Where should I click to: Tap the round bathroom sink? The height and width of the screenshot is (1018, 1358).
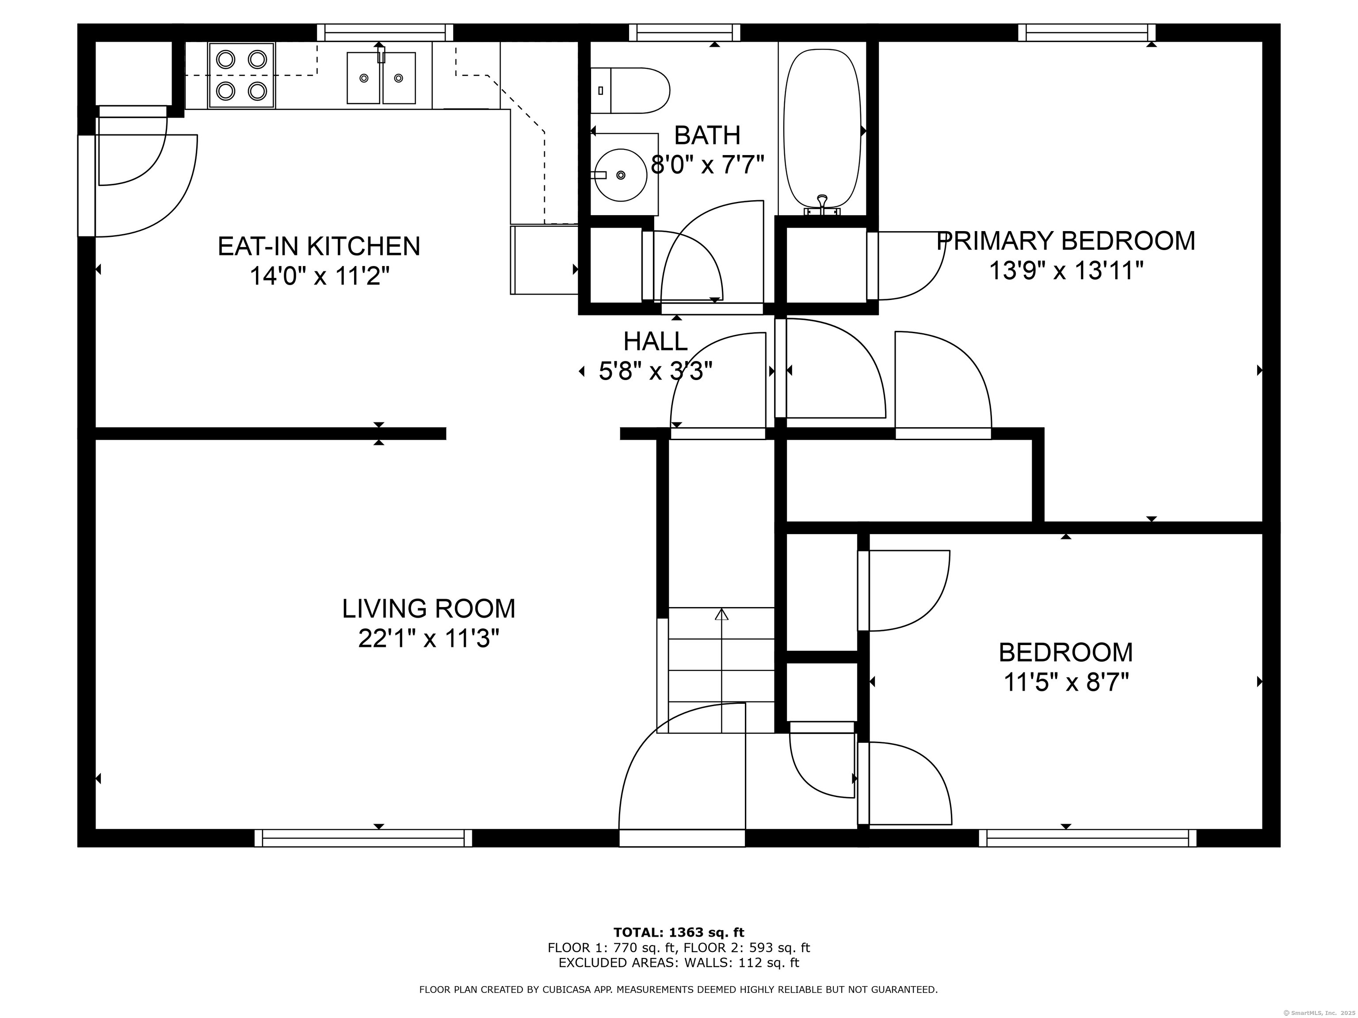point(621,175)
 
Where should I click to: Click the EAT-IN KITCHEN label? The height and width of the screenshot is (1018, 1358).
point(319,246)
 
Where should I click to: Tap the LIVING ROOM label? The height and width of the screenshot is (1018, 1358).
point(428,609)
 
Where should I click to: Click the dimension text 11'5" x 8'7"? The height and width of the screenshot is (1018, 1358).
point(1066,682)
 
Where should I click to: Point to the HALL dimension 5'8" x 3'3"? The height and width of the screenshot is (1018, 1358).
point(656,371)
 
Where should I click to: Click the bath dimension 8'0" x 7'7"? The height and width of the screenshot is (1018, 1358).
point(707,164)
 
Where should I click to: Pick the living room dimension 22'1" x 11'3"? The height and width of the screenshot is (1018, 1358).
point(428,639)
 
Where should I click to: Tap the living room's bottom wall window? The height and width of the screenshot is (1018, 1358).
point(363,838)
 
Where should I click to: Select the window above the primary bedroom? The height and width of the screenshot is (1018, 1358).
point(1087,33)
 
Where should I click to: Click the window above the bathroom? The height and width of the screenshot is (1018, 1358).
point(684,33)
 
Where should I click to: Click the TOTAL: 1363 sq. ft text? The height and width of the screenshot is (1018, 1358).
point(679,933)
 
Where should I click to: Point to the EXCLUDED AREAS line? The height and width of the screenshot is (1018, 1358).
point(679,963)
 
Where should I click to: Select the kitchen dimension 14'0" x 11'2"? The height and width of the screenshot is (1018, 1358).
point(319,276)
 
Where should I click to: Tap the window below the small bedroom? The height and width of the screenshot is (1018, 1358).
point(1087,838)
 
